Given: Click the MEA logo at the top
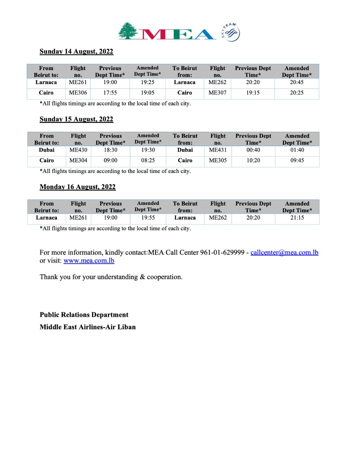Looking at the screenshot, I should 167,32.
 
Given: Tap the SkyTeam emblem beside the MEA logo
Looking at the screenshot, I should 230,32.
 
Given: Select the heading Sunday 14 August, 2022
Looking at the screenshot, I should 76,51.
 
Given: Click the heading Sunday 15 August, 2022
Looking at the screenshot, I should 76,119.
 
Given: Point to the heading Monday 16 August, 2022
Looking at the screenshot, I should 77,187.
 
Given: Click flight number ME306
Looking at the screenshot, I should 78,93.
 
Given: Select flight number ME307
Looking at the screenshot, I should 217,93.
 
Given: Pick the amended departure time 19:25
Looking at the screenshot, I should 148,82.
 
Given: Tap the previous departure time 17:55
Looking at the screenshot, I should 110,93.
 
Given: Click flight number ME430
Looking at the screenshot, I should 78,150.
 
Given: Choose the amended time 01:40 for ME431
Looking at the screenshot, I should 297,150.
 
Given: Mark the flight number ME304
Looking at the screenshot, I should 78,160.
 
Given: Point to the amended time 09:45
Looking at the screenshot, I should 297,160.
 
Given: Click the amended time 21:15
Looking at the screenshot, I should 297,218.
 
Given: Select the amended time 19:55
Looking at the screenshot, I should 148,218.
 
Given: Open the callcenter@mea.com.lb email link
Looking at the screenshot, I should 284,253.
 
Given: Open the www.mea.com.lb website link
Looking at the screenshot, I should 89,261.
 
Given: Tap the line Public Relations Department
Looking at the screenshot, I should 84,315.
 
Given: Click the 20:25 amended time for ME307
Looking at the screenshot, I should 297,93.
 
